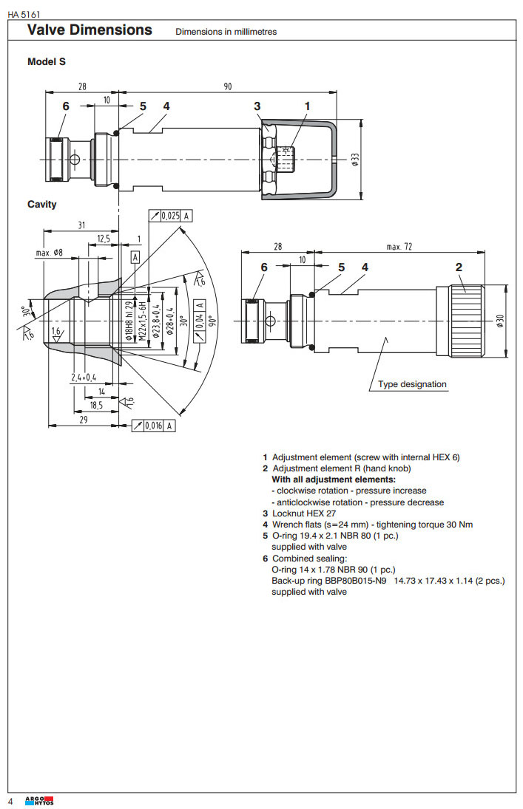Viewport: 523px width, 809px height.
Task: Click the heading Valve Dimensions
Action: pos(90,30)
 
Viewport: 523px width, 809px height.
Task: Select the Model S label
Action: pos(47,62)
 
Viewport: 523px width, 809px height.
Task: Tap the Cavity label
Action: pos(42,204)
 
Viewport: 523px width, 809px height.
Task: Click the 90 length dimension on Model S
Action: pos(227,86)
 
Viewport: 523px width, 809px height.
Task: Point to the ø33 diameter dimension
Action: pos(355,160)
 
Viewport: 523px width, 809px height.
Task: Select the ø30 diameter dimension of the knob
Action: pos(500,322)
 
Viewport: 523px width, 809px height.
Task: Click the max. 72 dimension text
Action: pos(400,246)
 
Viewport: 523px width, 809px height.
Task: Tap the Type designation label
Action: pos(412,384)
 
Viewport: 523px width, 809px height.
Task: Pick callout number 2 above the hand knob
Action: pos(459,267)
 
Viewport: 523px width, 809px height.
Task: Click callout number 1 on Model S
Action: pos(307,106)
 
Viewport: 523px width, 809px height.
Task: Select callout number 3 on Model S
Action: pos(257,106)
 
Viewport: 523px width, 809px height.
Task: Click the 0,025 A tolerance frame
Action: pos(171,216)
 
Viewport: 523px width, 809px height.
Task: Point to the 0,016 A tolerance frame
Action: pos(154,426)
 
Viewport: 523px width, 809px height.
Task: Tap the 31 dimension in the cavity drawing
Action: pos(82,225)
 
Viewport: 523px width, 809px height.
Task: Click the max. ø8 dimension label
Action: pos(49,253)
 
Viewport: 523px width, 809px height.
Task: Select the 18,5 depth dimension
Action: pos(96,405)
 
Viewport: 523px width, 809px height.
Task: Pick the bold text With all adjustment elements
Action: pos(334,479)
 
